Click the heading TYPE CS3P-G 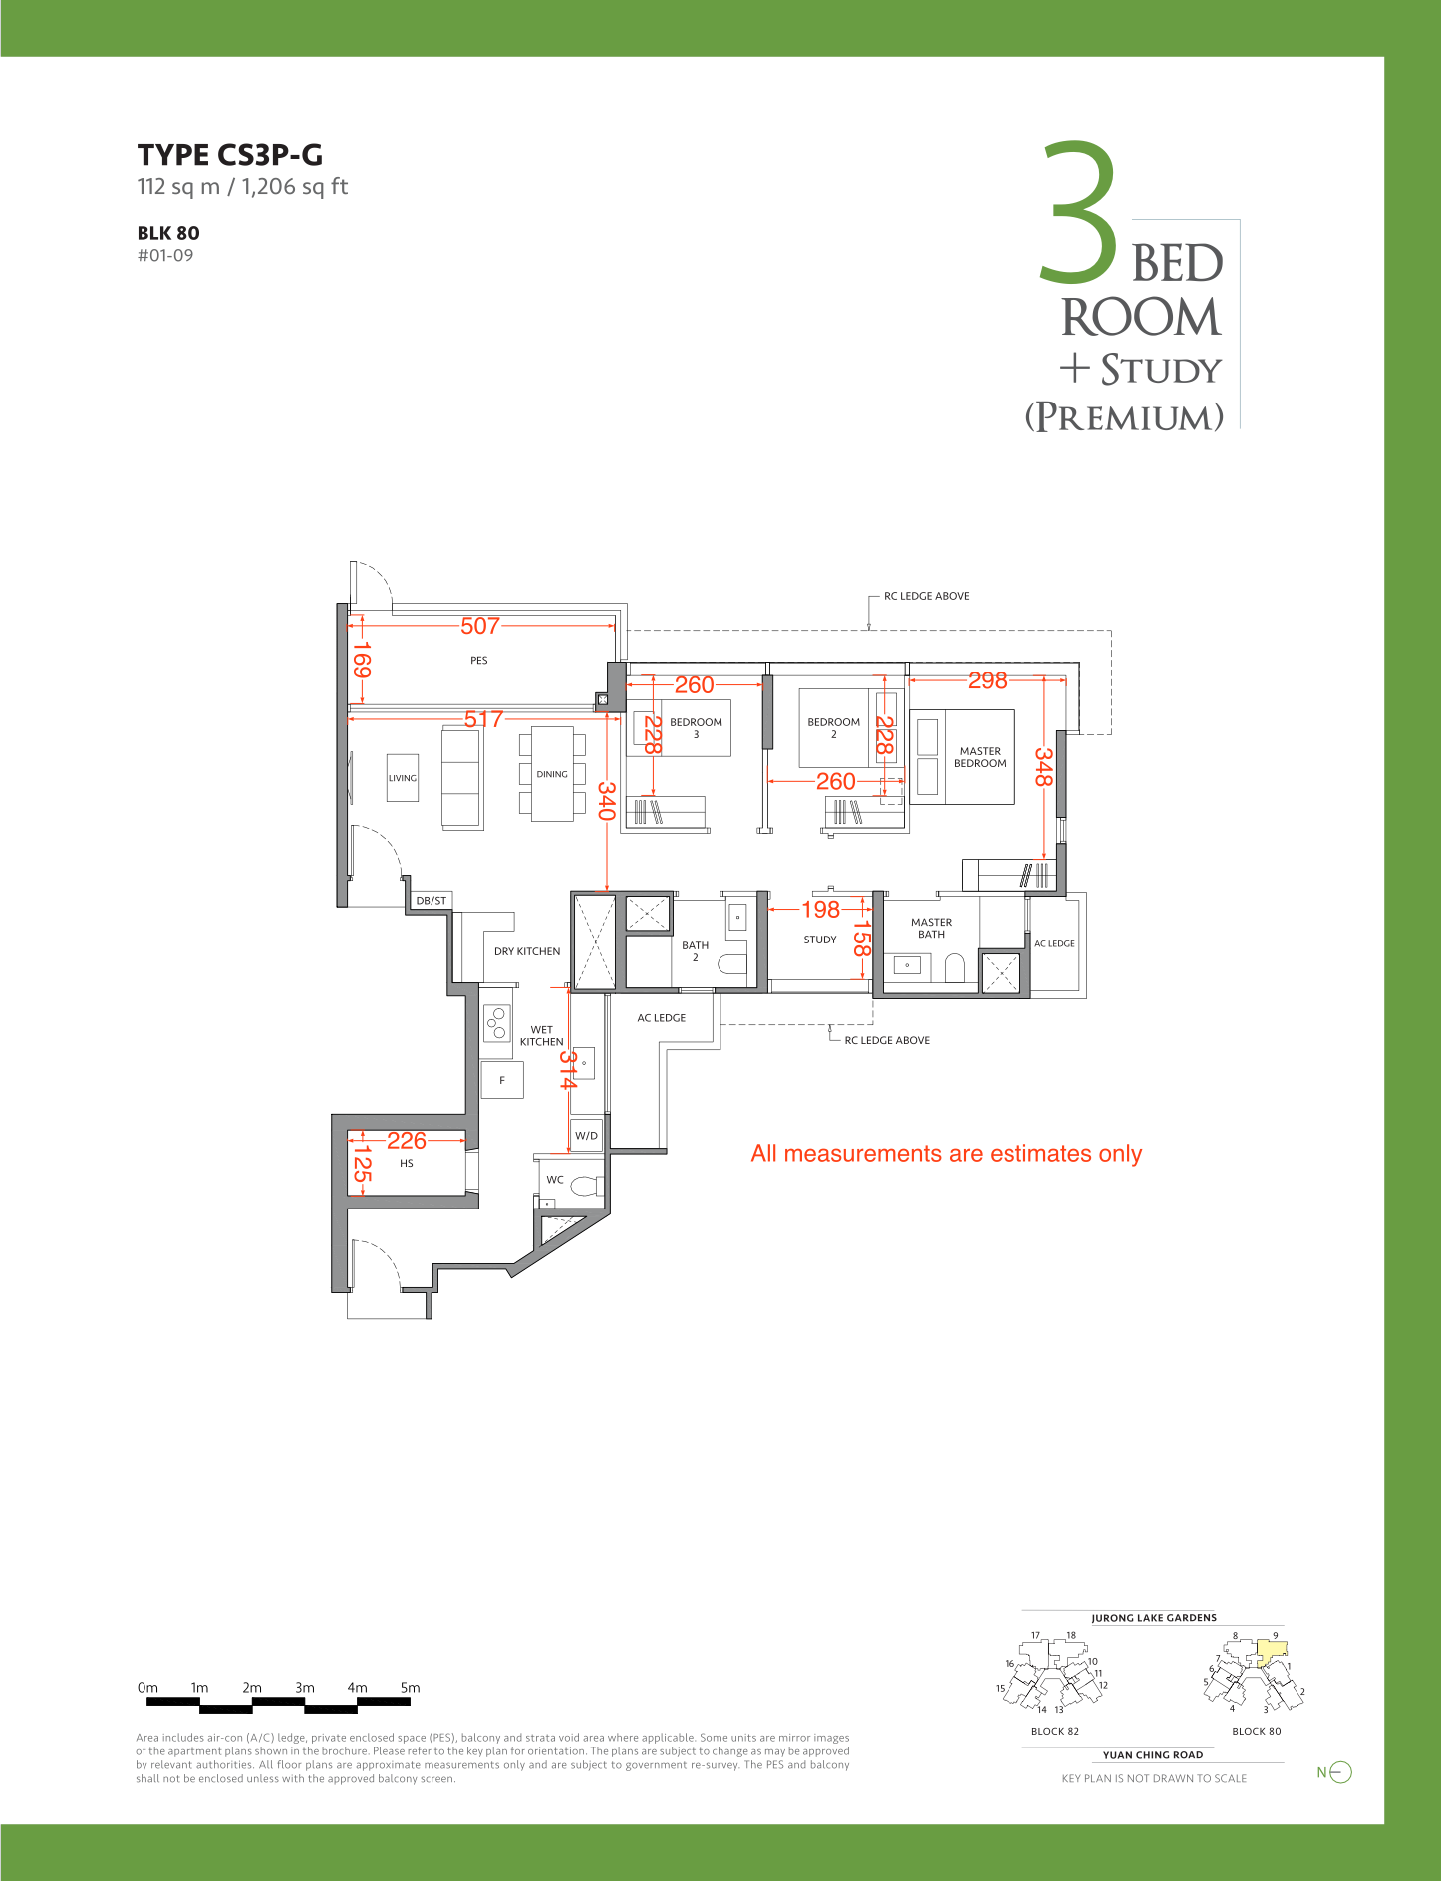point(230,155)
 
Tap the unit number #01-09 point(165,255)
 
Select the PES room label point(479,661)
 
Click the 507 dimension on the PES point(480,626)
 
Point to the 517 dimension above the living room point(484,718)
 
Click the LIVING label point(403,778)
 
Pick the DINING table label point(552,774)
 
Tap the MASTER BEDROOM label point(980,757)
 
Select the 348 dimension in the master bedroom point(1043,767)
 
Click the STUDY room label point(820,940)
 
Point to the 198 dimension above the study point(821,909)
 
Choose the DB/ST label point(432,901)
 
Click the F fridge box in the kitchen point(502,1080)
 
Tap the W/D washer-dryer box point(587,1135)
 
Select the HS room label point(407,1163)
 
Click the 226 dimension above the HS point(407,1140)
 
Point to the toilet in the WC point(587,1186)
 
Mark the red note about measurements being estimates point(947,1153)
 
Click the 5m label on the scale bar point(410,1688)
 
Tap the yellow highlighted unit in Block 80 point(1271,1653)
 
